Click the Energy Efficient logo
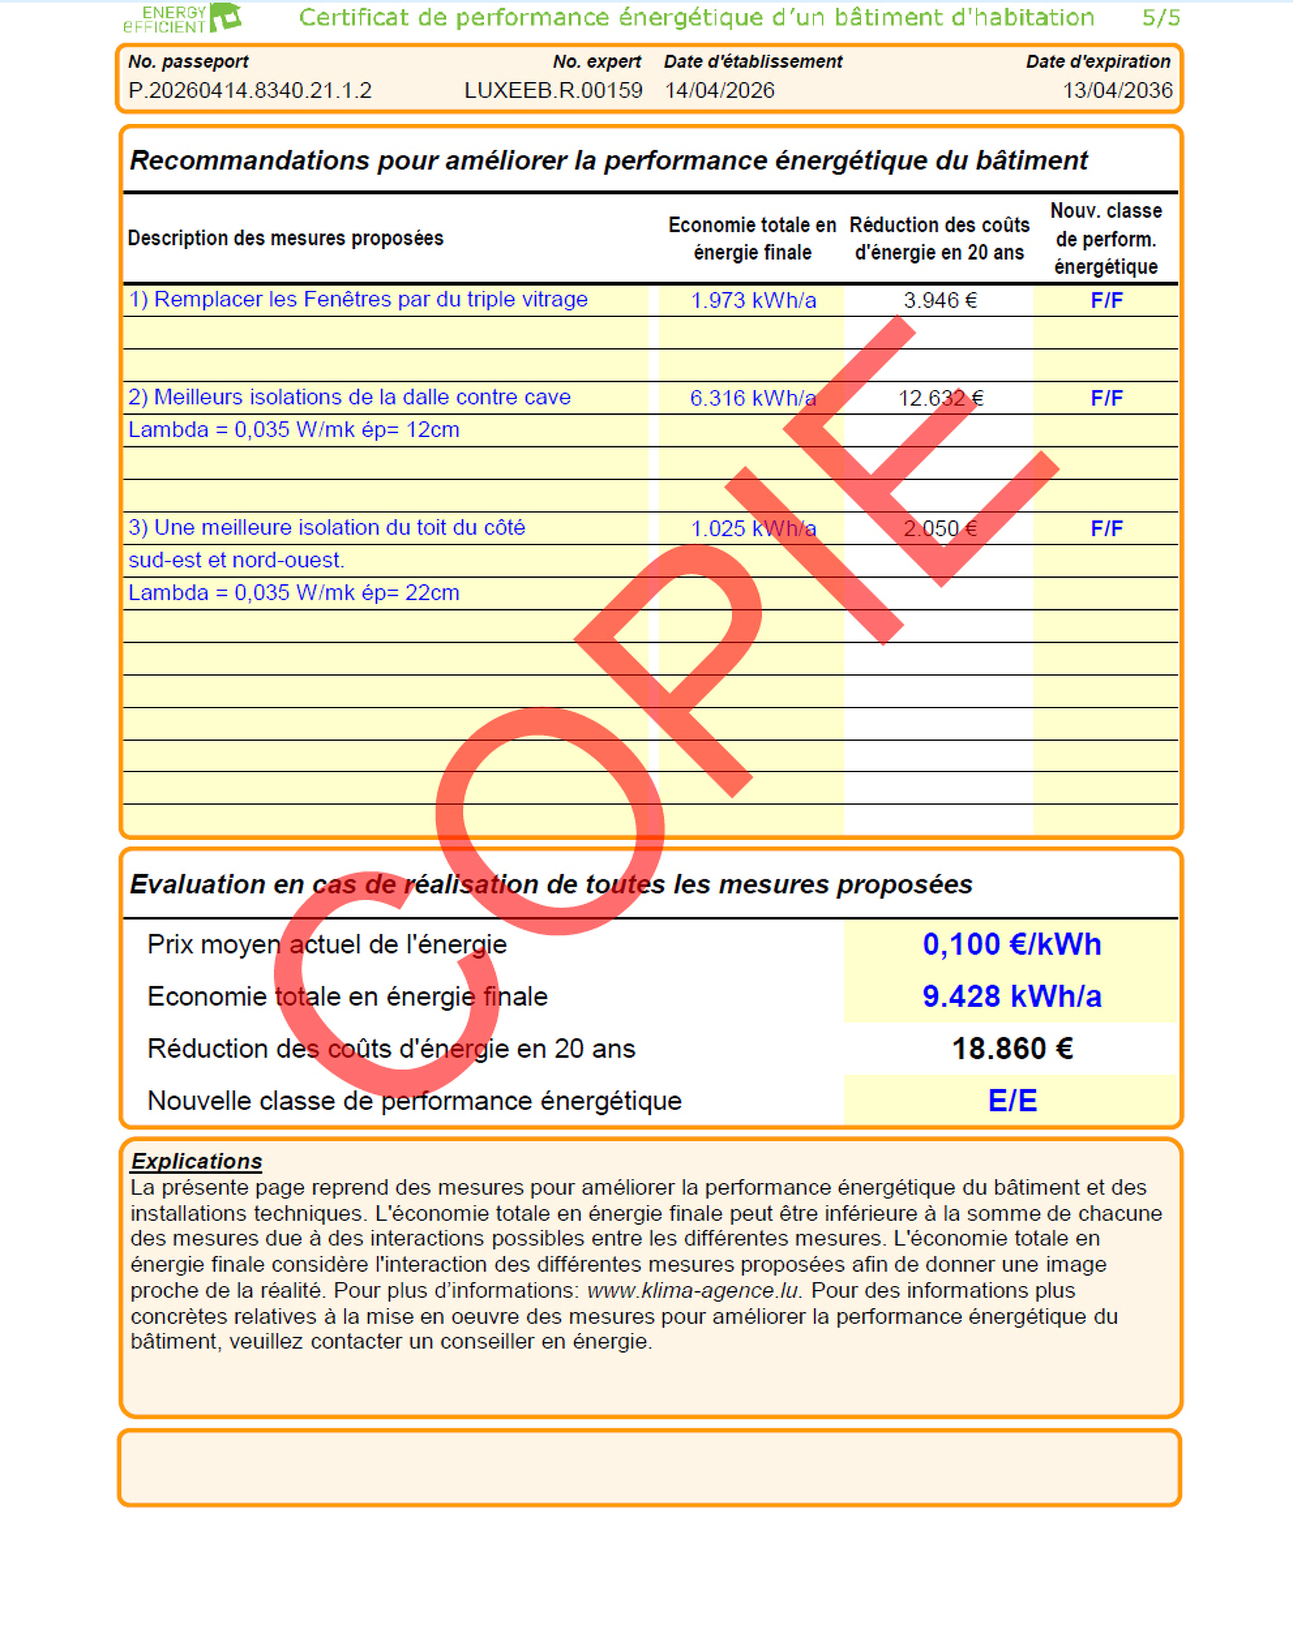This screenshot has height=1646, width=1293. pyautogui.click(x=183, y=18)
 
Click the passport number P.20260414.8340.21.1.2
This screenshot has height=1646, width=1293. pyautogui.click(x=250, y=91)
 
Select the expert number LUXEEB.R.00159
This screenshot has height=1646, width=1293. pyautogui.click(x=553, y=91)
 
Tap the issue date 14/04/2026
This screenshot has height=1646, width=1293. pyautogui.click(x=719, y=91)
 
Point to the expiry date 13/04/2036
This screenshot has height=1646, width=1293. pyautogui.click(x=1117, y=91)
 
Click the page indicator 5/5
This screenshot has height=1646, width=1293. pyautogui.click(x=1160, y=18)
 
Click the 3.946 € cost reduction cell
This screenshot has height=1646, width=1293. pyautogui.click(x=939, y=300)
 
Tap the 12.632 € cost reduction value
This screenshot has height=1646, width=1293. pyautogui.click(x=939, y=398)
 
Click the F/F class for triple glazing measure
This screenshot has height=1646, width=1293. pyautogui.click(x=1106, y=300)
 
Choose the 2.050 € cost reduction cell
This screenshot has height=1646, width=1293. pyautogui.click(x=939, y=528)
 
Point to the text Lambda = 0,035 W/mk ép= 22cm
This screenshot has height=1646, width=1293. pyautogui.click(x=294, y=592)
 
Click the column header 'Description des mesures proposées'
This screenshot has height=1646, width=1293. pyautogui.click(x=286, y=238)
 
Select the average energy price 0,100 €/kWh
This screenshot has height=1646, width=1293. pyautogui.click(x=1012, y=945)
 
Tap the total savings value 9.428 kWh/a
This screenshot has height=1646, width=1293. pyautogui.click(x=1012, y=996)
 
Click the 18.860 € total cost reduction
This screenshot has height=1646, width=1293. pyautogui.click(x=1012, y=1049)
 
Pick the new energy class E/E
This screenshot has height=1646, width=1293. pyautogui.click(x=1012, y=1101)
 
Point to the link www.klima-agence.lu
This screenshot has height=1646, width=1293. pyautogui.click(x=693, y=1291)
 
